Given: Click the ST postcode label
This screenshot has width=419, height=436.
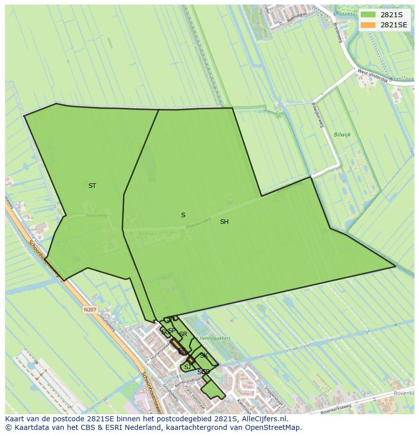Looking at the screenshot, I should point(92,186).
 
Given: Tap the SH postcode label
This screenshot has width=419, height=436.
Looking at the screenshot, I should point(224,222).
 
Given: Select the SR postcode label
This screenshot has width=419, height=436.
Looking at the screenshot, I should point(183,334).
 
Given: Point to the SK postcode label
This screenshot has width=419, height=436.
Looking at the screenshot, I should point(203,355).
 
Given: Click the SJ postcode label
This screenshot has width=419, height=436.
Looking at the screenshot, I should point(187,367).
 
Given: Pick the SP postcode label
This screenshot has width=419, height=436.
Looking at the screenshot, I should point(172,331).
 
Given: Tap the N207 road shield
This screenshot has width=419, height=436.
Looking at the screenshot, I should point(90,309).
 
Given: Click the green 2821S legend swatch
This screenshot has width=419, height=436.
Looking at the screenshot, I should point(368,15).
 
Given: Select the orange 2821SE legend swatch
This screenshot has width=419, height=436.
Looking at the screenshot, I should point(368,25).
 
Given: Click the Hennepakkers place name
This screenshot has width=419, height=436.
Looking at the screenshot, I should point(215,338).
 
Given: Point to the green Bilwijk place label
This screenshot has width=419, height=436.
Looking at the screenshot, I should point(342,135).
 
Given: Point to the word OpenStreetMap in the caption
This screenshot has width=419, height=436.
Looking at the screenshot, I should point(274,427).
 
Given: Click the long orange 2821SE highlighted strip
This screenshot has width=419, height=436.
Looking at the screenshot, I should point(177,345).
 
